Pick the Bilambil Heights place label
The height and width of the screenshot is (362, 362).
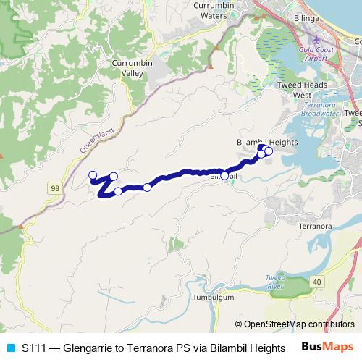(x=268, y=143)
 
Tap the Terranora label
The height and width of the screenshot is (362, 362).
(x=315, y=227)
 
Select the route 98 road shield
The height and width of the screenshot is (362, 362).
(x=55, y=188)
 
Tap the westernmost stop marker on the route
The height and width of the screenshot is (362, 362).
(x=92, y=174)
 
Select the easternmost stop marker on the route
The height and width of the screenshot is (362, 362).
(x=269, y=151)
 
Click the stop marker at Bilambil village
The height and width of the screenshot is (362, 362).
(x=224, y=176)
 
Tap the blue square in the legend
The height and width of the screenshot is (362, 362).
(x=10, y=347)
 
